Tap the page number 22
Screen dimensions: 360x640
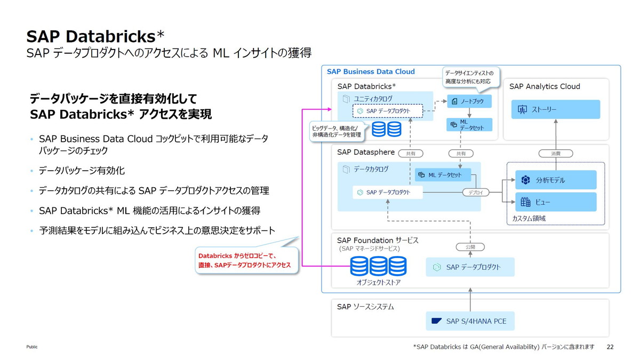click(x=610, y=347)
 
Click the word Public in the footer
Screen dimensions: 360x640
click(x=32, y=347)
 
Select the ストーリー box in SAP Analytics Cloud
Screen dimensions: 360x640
click(x=555, y=109)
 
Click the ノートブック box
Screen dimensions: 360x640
click(x=469, y=101)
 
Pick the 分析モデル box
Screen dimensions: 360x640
click(x=555, y=180)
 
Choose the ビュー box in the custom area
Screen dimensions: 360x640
click(x=555, y=202)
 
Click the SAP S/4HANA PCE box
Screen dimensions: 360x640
click(x=470, y=321)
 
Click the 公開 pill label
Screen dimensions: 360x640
click(x=470, y=247)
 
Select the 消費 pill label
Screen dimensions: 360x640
click(x=555, y=154)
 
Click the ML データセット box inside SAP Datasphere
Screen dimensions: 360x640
click(x=443, y=175)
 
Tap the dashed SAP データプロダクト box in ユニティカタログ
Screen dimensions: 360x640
click(x=388, y=110)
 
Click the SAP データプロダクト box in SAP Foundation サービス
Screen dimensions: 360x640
click(x=470, y=267)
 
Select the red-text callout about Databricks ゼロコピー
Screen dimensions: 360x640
click(x=245, y=260)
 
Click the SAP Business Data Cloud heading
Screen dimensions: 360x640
click(x=371, y=71)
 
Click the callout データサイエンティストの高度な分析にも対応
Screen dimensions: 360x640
click(x=469, y=77)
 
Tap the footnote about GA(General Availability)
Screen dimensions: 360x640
click(x=503, y=347)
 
